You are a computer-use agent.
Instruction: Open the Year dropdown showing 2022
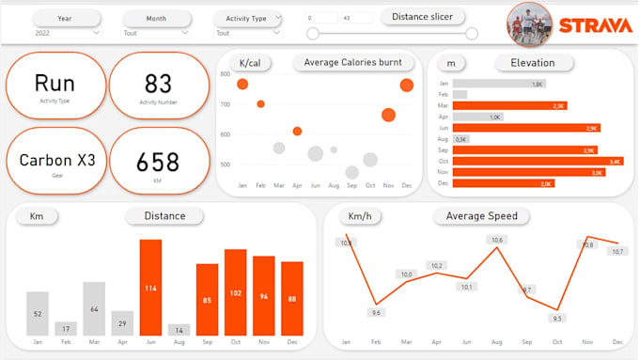pyautogui.click(x=66, y=33)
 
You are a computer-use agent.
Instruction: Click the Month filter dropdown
pyautogui.click(x=155, y=33)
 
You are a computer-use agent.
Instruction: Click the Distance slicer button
pyautogui.click(x=422, y=16)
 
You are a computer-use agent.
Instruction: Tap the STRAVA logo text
pyautogui.click(x=594, y=25)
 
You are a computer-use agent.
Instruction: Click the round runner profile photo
pyautogui.click(x=530, y=24)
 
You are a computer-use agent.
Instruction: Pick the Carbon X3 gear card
pyautogui.click(x=56, y=161)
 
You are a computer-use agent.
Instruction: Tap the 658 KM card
pyautogui.click(x=158, y=162)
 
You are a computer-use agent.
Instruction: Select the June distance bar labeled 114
pyautogui.click(x=150, y=288)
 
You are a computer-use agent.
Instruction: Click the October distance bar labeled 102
pyautogui.click(x=235, y=292)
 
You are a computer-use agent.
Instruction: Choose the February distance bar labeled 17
pyautogui.click(x=66, y=328)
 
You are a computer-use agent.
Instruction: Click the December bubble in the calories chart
pyautogui.click(x=406, y=86)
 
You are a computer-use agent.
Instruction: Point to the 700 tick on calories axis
pyautogui.click(x=226, y=103)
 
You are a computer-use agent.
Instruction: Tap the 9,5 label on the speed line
pyautogui.click(x=558, y=318)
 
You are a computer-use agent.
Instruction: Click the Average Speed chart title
pyautogui.click(x=481, y=216)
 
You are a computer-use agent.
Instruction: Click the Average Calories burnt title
pyautogui.click(x=352, y=63)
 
